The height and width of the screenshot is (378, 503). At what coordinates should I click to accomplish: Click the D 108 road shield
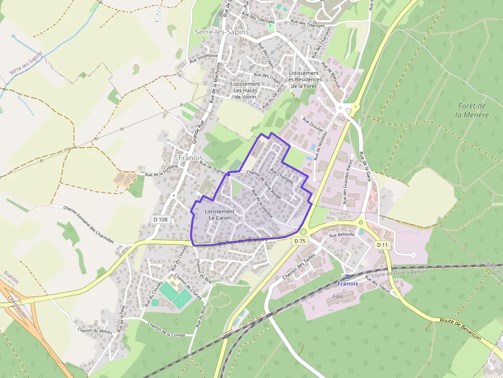(x=160, y=220)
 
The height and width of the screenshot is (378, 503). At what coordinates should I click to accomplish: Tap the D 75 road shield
(x=300, y=241)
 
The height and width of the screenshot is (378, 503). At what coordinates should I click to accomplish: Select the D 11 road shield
(x=382, y=245)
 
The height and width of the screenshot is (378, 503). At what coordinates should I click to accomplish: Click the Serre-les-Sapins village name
(x=222, y=32)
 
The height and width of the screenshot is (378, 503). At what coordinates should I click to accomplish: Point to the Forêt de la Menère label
(x=472, y=110)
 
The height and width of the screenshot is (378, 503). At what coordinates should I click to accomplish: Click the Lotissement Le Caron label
(x=219, y=214)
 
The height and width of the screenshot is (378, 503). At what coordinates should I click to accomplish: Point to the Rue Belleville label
(x=342, y=234)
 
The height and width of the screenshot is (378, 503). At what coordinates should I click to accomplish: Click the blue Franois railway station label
(x=347, y=283)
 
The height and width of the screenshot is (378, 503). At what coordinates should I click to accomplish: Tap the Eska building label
(x=337, y=296)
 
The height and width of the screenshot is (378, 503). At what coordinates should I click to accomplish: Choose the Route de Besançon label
(x=460, y=328)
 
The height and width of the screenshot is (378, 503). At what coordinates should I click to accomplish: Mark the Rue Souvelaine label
(x=204, y=58)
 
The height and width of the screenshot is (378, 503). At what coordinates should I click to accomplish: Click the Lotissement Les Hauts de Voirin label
(x=245, y=90)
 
